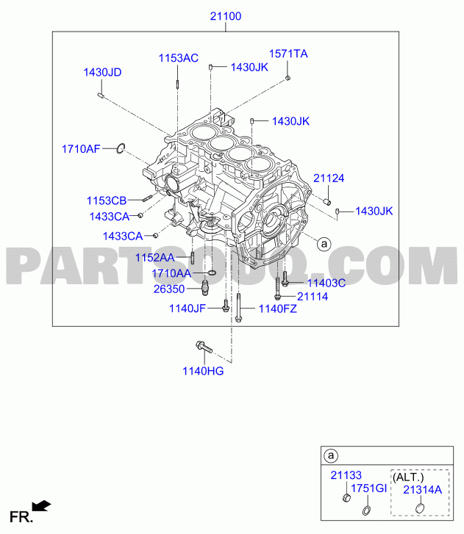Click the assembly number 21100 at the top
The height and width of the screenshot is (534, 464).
(x=225, y=16)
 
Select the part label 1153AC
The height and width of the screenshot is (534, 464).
(x=178, y=58)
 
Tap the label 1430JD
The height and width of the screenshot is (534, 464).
(x=102, y=72)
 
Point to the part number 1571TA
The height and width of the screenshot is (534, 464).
(x=288, y=54)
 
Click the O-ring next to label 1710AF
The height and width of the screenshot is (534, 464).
(x=121, y=148)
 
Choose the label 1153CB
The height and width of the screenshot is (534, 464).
(x=107, y=201)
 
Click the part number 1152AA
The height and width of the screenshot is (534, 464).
(x=154, y=258)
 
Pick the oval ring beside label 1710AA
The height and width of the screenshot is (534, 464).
(x=212, y=273)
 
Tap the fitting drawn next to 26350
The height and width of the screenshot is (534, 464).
(x=205, y=289)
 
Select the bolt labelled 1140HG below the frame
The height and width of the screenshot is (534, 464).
(x=204, y=347)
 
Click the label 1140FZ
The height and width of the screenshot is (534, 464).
(x=277, y=309)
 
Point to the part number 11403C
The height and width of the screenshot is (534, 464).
(x=326, y=283)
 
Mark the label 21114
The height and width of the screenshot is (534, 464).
(x=313, y=297)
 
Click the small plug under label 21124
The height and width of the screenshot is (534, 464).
(x=327, y=202)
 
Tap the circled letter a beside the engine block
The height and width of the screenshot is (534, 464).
(x=324, y=244)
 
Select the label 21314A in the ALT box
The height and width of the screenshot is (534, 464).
(x=422, y=490)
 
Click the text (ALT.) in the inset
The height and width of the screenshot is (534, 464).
(x=408, y=477)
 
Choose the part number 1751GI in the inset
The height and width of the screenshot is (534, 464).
(x=368, y=488)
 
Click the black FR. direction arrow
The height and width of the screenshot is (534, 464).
(x=42, y=506)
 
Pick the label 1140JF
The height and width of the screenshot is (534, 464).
(x=188, y=309)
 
